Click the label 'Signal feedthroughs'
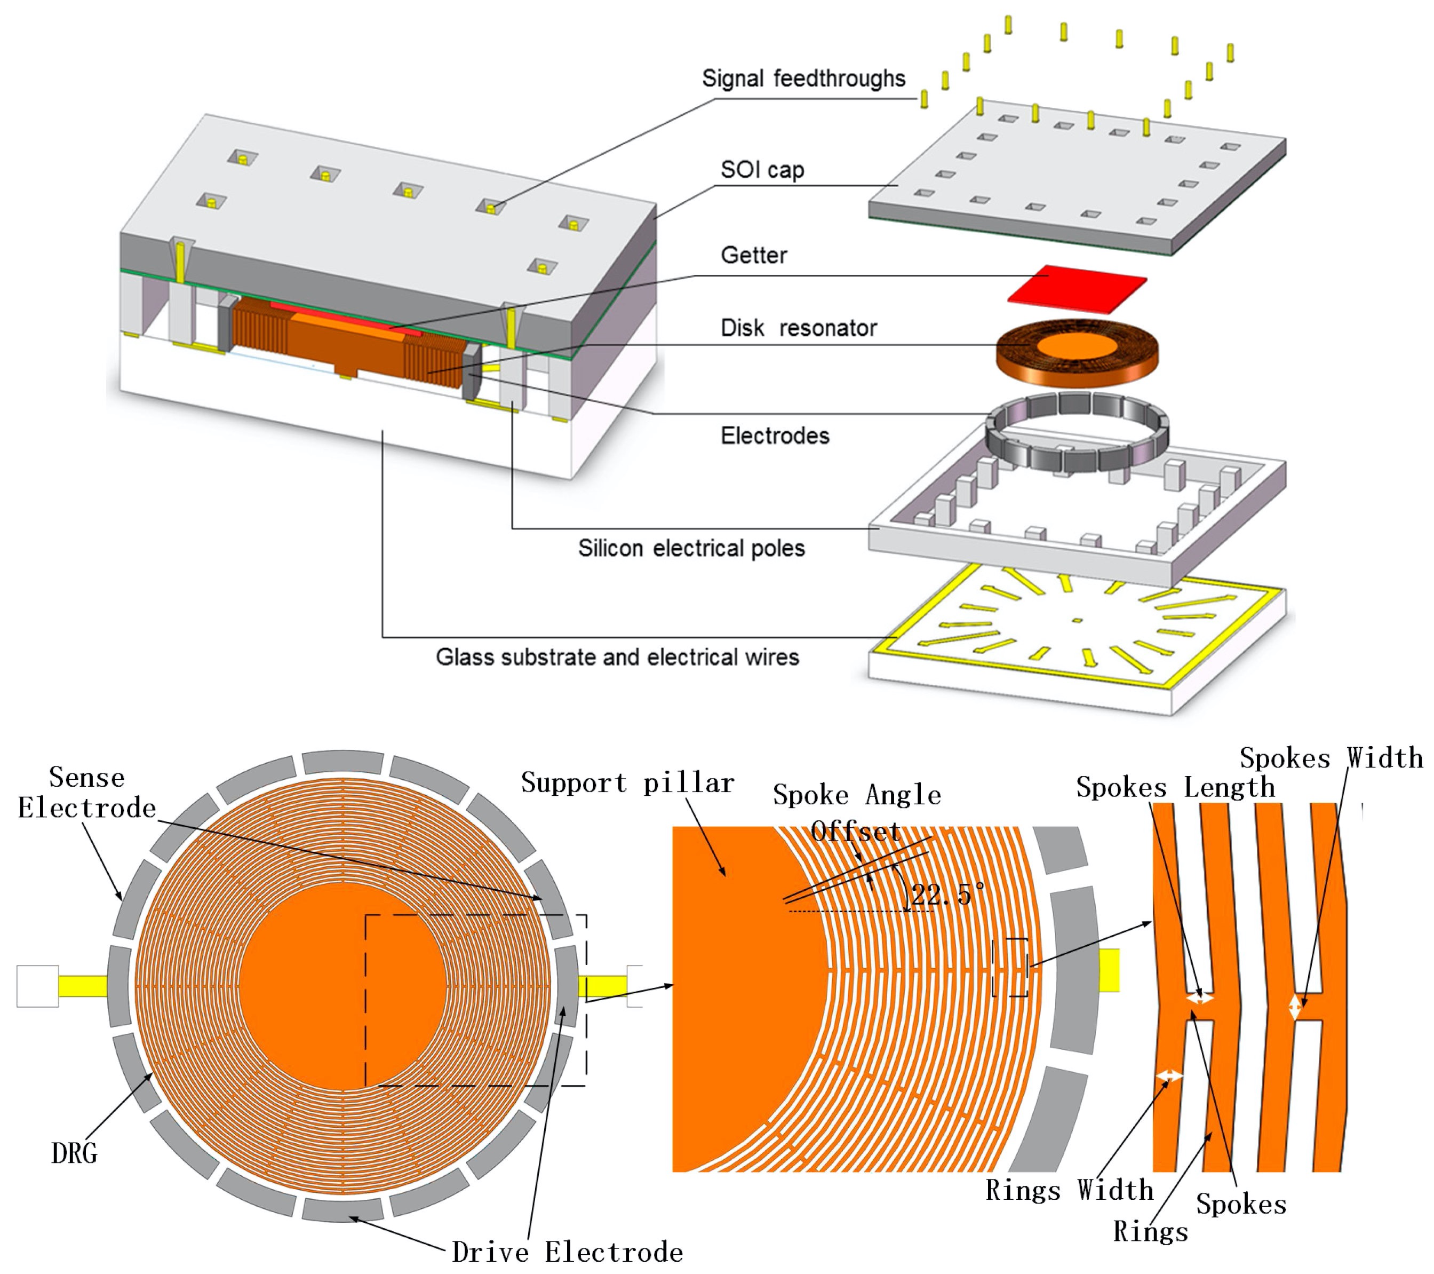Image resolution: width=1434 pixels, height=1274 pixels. click(x=803, y=78)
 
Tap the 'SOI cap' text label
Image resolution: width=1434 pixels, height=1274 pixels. click(x=762, y=170)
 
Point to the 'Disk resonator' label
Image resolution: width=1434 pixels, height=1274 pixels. click(x=799, y=328)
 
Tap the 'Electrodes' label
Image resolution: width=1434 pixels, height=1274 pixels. click(x=775, y=436)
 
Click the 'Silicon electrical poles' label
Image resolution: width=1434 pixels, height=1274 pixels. click(x=691, y=548)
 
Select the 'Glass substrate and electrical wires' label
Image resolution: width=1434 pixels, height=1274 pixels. click(x=617, y=657)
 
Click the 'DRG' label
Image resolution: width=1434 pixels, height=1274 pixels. click(x=74, y=1153)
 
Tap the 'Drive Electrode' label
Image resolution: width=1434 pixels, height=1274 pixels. click(x=567, y=1252)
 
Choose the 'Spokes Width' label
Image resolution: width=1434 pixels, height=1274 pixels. click(x=1331, y=758)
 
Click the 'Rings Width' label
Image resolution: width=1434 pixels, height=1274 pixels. click(x=1069, y=1190)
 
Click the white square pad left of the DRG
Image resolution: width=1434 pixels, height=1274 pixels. click(x=38, y=986)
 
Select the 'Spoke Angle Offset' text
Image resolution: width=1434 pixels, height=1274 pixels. click(x=857, y=813)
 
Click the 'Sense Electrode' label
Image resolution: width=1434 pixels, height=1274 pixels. click(x=86, y=793)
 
